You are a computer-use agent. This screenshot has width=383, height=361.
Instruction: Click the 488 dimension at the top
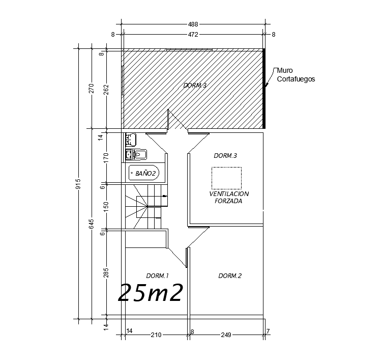click(x=193, y=24)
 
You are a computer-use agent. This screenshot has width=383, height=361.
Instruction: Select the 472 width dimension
click(x=193, y=35)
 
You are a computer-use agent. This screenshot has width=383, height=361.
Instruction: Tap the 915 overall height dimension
click(x=78, y=184)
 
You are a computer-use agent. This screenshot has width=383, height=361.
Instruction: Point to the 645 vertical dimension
click(x=92, y=224)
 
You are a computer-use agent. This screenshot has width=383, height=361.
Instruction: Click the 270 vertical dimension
click(x=92, y=88)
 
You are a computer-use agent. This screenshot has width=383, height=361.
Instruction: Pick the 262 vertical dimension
click(x=106, y=90)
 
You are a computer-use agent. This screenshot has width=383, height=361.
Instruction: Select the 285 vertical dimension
click(x=106, y=273)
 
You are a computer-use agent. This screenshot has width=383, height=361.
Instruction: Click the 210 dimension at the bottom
click(x=156, y=335)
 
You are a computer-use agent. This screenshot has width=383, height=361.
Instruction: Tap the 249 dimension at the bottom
click(x=226, y=335)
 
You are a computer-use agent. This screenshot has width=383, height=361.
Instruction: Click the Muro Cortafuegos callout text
click(x=296, y=75)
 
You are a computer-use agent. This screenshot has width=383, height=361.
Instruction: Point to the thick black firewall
click(x=264, y=88)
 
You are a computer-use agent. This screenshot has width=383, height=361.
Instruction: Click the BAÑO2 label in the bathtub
click(x=145, y=174)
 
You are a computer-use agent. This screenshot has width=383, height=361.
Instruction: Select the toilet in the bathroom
click(x=136, y=155)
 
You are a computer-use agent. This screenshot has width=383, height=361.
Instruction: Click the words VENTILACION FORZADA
click(x=229, y=198)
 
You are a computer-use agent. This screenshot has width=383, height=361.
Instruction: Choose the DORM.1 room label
click(x=158, y=276)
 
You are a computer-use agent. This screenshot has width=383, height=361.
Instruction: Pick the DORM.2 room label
click(x=230, y=276)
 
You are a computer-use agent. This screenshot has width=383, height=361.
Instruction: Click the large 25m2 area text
click(x=151, y=293)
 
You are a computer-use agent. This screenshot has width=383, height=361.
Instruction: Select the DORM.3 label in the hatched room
click(x=195, y=86)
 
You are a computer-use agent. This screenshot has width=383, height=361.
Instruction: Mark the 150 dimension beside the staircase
click(x=106, y=207)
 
